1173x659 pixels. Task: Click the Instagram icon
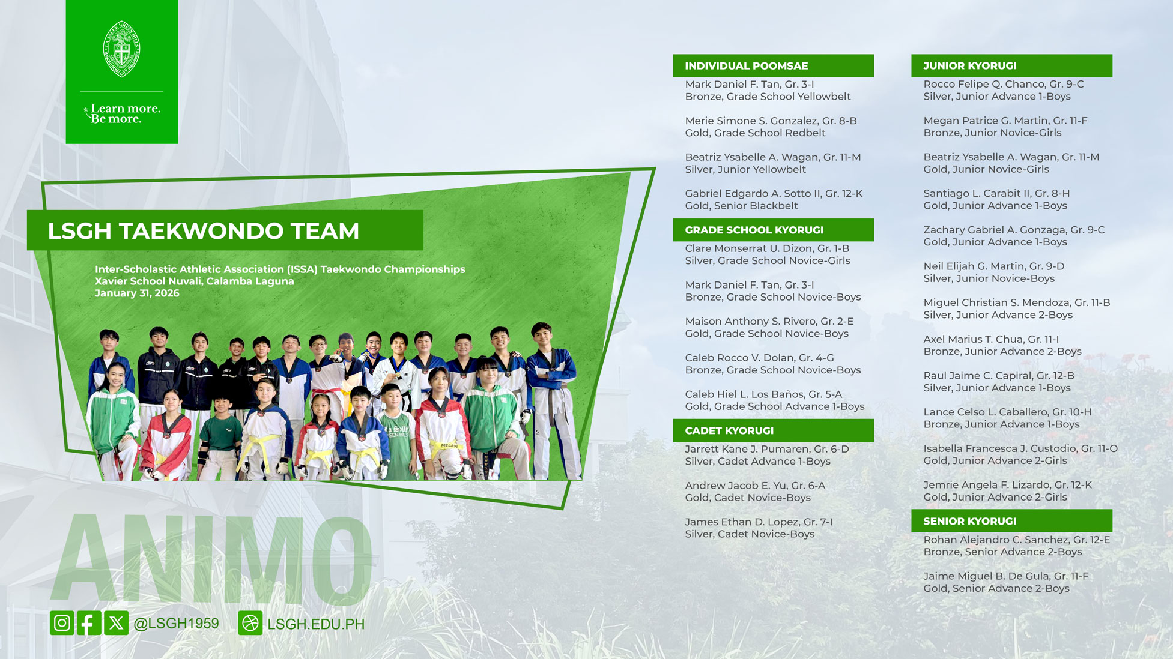(x=62, y=623)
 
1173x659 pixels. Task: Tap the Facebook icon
(x=89, y=623)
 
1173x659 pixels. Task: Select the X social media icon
(x=116, y=623)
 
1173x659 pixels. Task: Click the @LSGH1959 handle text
(x=176, y=624)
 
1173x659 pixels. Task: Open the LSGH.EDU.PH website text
(x=315, y=624)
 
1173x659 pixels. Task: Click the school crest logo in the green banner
(x=122, y=49)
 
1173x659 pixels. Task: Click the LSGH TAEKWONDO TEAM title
(x=204, y=231)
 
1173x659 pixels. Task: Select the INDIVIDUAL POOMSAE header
(x=746, y=66)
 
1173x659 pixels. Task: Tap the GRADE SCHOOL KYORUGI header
(x=754, y=230)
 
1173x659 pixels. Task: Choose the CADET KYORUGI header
(x=729, y=430)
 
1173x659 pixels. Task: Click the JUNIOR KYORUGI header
(x=969, y=66)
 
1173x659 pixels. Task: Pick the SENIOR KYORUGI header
(x=969, y=521)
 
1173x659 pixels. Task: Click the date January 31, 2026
(x=137, y=293)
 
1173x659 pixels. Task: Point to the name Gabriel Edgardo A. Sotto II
(x=753, y=193)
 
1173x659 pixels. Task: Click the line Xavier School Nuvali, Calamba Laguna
(x=194, y=281)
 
